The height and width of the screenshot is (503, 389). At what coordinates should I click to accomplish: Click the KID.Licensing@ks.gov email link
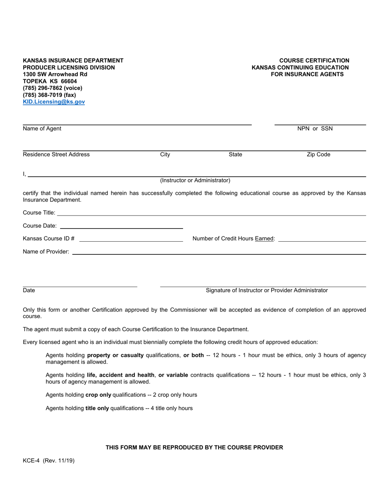(x=54, y=102)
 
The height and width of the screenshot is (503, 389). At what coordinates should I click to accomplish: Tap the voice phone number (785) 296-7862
(x=52, y=88)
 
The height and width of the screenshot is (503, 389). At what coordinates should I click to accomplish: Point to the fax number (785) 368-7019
(x=49, y=95)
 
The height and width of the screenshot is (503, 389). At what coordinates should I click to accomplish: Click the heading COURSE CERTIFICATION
(x=314, y=61)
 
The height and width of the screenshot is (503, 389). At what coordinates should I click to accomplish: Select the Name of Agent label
(x=42, y=129)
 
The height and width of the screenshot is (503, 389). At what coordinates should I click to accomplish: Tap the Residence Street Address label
(x=56, y=155)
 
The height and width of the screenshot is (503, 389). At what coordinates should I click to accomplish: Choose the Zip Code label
(x=318, y=155)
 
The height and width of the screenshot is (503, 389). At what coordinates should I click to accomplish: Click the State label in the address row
(x=235, y=155)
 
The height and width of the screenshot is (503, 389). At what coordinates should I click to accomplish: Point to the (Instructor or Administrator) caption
(x=195, y=180)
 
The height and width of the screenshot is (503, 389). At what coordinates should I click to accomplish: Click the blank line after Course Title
(x=211, y=213)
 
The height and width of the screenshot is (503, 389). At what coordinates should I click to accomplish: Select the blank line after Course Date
(x=121, y=226)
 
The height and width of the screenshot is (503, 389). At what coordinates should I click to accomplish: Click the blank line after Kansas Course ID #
(x=131, y=239)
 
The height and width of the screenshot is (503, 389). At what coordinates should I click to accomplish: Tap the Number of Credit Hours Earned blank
(x=322, y=239)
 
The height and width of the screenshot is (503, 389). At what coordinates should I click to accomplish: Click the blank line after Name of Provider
(x=219, y=252)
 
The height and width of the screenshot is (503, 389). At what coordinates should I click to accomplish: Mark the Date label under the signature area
(x=29, y=290)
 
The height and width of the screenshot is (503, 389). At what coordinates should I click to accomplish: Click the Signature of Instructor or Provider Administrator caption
(x=267, y=290)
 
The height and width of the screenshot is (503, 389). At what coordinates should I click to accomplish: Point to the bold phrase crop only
(x=98, y=395)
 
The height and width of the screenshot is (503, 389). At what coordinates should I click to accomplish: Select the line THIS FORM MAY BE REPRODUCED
(x=194, y=447)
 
